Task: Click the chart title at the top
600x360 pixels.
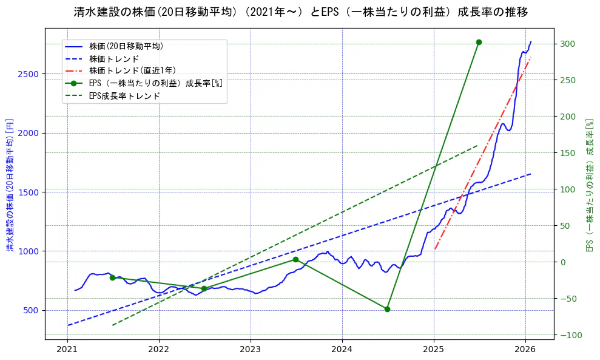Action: click(x=300, y=12)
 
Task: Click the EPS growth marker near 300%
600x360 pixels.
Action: click(x=479, y=42)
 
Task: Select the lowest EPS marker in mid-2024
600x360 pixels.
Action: click(x=387, y=309)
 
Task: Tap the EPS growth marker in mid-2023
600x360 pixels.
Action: click(x=295, y=259)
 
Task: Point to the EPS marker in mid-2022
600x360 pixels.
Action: click(x=204, y=288)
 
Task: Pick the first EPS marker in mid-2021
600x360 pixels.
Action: click(x=112, y=277)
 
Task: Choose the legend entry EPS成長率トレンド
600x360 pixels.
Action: click(x=124, y=95)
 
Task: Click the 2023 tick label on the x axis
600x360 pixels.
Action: click(x=251, y=350)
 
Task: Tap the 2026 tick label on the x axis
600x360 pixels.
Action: click(x=525, y=350)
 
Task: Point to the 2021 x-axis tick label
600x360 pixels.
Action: click(x=67, y=350)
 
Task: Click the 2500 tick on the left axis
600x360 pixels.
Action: click(x=29, y=74)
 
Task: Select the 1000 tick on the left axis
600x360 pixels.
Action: click(x=29, y=251)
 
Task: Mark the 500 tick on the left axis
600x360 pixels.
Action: click(x=31, y=310)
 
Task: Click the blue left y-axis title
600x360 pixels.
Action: click(x=9, y=185)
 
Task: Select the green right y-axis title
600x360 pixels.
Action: click(x=588, y=185)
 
